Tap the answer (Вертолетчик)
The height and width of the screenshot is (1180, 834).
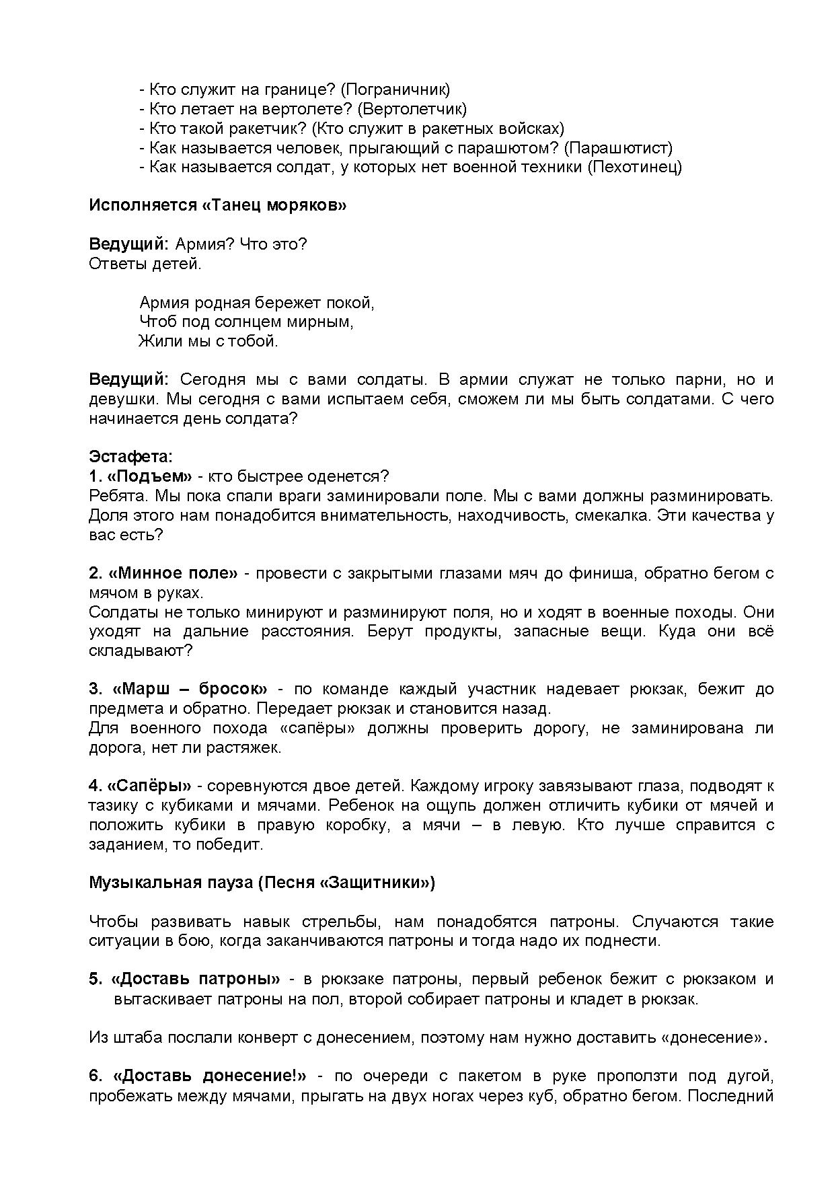412,109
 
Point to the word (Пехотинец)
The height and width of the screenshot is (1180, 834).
634,168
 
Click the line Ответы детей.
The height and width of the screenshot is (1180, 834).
145,264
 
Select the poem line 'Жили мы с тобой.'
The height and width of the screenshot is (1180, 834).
208,342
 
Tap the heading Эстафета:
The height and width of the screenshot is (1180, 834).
130,457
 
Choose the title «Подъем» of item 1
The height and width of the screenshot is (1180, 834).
150,477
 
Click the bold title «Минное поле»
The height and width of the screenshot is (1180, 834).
173,574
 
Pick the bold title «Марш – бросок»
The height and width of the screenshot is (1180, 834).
190,690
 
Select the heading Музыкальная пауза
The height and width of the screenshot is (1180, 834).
170,883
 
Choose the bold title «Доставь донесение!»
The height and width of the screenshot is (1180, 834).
210,1076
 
